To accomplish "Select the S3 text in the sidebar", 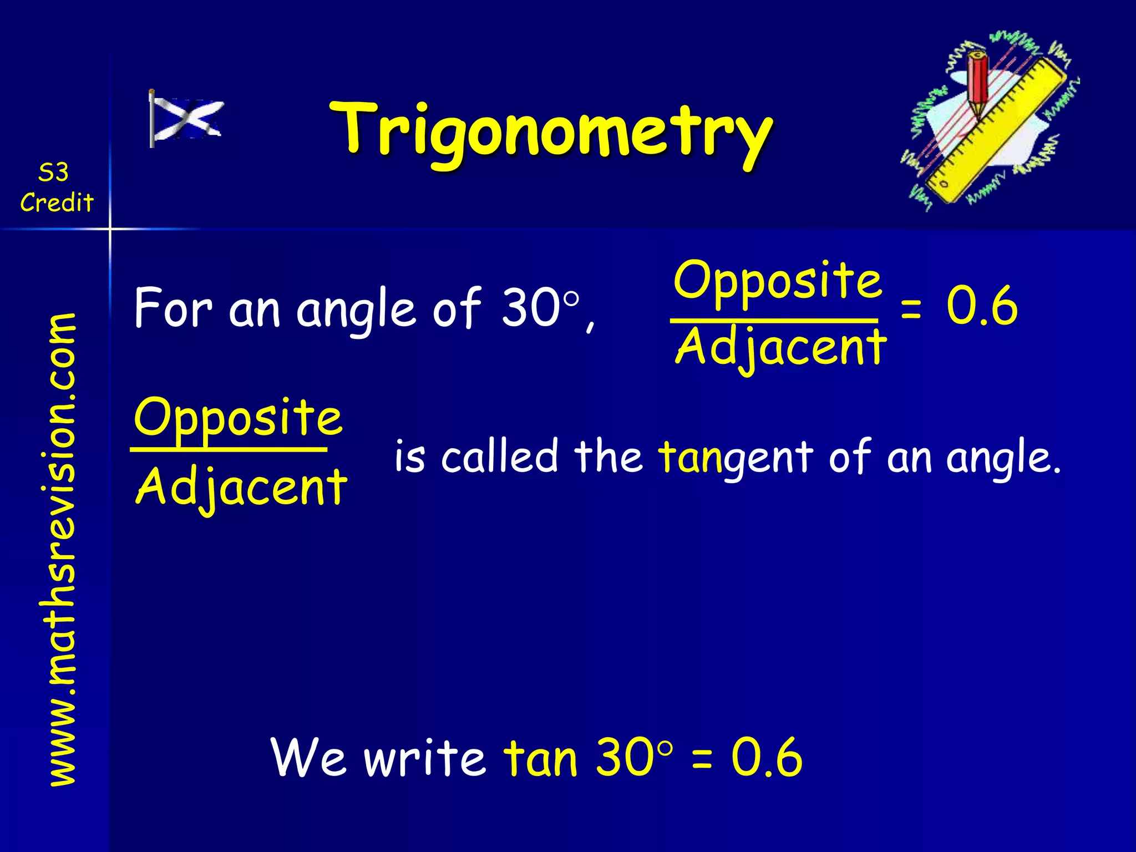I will [x=54, y=173].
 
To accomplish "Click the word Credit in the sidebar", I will [x=57, y=202].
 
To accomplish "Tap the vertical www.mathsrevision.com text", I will [x=62, y=549].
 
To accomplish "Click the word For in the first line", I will [x=173, y=308].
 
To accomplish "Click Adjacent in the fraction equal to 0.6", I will [x=781, y=348].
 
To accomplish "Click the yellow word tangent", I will [x=735, y=457].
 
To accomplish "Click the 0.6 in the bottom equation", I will [x=767, y=758].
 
